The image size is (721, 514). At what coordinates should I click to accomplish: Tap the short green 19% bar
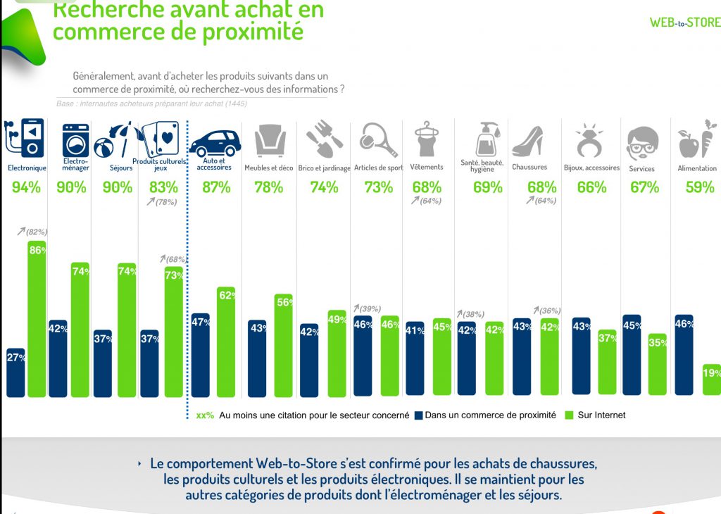711,380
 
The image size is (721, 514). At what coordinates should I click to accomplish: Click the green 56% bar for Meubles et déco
283,344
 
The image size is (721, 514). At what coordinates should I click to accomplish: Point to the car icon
215,143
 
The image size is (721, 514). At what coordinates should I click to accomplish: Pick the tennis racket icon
377,139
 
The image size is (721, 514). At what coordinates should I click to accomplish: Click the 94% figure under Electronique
26,187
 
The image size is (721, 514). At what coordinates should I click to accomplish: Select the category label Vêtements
427,168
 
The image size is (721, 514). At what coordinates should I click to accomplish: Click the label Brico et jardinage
324,168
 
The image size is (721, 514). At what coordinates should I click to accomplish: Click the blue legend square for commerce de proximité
418,415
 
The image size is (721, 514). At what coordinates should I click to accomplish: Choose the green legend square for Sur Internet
570,415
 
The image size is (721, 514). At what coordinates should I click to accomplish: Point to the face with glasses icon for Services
641,143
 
